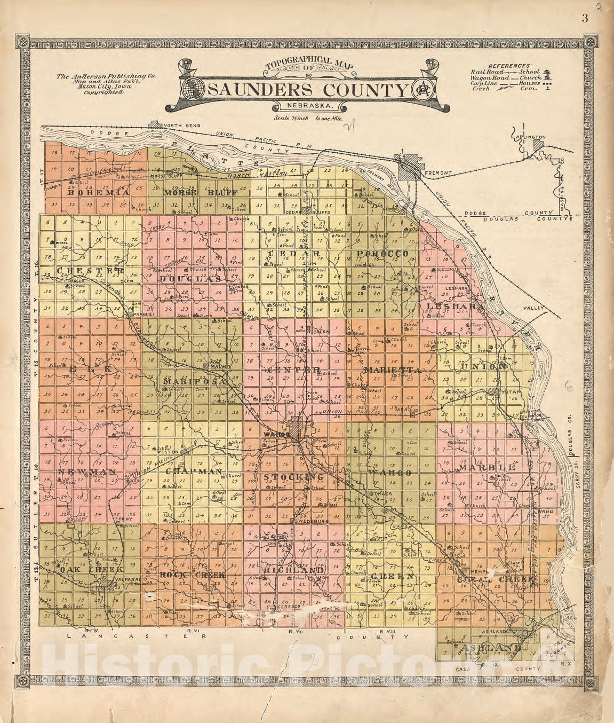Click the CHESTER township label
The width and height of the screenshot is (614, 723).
pyautogui.click(x=89, y=270)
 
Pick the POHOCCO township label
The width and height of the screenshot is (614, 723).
pyautogui.click(x=382, y=253)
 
